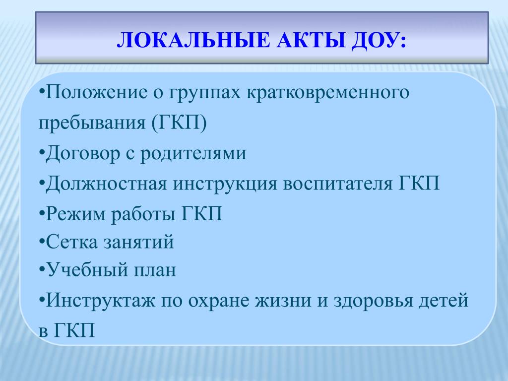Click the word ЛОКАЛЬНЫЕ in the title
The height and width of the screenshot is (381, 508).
click(x=193, y=41)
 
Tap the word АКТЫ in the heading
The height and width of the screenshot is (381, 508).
click(x=310, y=41)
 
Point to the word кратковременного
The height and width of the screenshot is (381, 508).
click(x=328, y=93)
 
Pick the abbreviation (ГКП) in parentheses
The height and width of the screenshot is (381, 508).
click(x=179, y=123)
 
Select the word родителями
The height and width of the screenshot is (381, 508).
click(x=193, y=153)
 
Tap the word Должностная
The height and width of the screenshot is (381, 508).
click(x=106, y=184)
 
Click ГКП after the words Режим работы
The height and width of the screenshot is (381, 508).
click(x=201, y=214)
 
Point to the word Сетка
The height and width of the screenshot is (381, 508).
click(x=71, y=242)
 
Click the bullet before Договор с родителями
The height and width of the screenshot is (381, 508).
click(x=42, y=152)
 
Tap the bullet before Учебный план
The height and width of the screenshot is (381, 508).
click(x=42, y=268)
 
